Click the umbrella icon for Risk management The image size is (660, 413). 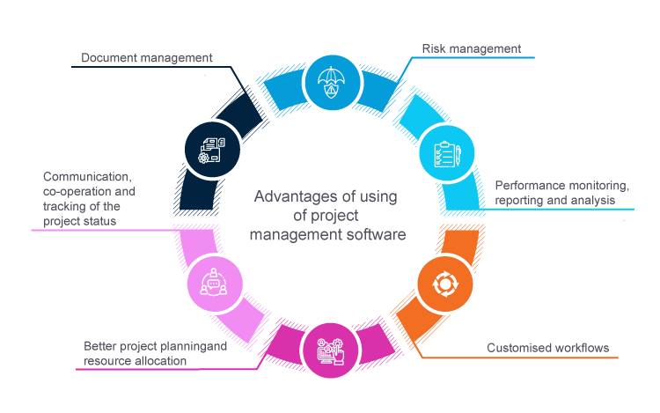pyautogui.click(x=331, y=82)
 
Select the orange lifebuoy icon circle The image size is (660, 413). pyautogui.click(x=444, y=284)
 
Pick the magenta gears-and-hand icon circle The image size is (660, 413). pyautogui.click(x=329, y=350)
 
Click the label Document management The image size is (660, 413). pyautogui.click(x=147, y=58)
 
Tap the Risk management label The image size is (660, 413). pyautogui.click(x=471, y=48)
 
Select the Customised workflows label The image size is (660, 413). pyautogui.click(x=547, y=348)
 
